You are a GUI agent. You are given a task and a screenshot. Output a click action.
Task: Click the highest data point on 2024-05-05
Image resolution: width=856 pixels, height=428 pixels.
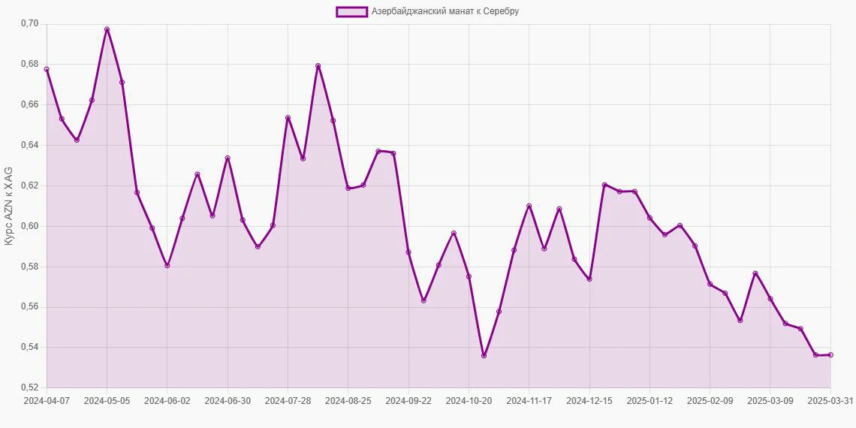pyautogui.click(x=107, y=29)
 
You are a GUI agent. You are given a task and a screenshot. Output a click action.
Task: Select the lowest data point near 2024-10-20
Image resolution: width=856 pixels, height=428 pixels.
pyautogui.click(x=484, y=356)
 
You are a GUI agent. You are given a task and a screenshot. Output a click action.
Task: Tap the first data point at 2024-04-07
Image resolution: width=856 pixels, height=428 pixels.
pyautogui.click(x=47, y=70)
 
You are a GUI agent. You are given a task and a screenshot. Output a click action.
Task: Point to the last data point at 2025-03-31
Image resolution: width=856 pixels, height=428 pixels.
pyautogui.click(x=830, y=355)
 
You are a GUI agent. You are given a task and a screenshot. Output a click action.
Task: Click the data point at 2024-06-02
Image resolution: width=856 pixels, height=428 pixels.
pyautogui.click(x=167, y=265)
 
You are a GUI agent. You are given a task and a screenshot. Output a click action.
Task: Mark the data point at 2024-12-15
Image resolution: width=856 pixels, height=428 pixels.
pyautogui.click(x=589, y=279)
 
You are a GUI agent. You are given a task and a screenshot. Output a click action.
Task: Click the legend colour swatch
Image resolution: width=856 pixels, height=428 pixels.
pyautogui.click(x=351, y=11)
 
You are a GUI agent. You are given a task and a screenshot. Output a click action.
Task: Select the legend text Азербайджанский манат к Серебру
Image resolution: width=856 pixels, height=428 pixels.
pyautogui.click(x=445, y=11)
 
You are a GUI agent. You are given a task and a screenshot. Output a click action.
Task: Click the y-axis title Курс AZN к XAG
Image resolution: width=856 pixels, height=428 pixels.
pyautogui.click(x=9, y=206)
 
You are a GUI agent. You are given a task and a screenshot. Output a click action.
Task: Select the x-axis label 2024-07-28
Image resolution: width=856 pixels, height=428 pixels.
pyautogui.click(x=288, y=401)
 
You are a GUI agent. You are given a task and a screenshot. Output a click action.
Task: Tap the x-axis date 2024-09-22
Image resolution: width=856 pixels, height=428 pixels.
pyautogui.click(x=408, y=401)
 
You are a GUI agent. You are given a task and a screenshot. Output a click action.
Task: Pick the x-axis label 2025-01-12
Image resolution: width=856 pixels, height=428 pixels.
pyautogui.click(x=650, y=401)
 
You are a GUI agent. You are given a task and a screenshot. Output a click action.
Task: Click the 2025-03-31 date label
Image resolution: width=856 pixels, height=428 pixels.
pyautogui.click(x=830, y=401)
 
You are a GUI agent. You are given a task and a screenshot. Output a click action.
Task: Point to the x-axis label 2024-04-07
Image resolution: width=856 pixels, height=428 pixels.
pyautogui.click(x=47, y=401)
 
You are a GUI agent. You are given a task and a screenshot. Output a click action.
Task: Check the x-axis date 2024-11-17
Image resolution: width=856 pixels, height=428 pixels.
pyautogui.click(x=529, y=401)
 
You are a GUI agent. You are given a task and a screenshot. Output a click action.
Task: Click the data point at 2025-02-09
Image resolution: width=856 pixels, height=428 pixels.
pyautogui.click(x=710, y=284)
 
